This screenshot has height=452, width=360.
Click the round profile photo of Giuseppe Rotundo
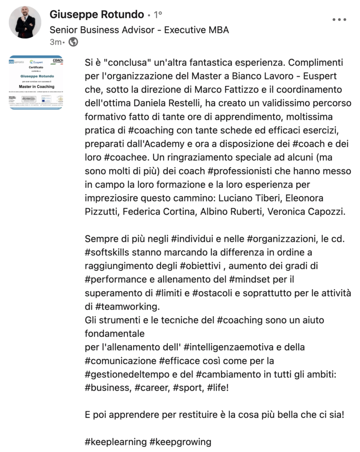coord(25,23)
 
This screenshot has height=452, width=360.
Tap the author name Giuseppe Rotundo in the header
coord(97,15)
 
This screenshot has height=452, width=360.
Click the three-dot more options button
coord(339,19)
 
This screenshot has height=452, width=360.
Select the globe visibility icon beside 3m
coord(74,42)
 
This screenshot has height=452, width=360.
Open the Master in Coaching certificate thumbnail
coord(36,83)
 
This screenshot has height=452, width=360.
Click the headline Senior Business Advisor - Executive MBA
coord(139,30)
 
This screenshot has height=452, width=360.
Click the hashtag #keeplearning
coord(115,442)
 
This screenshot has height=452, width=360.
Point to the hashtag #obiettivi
coord(201,266)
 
